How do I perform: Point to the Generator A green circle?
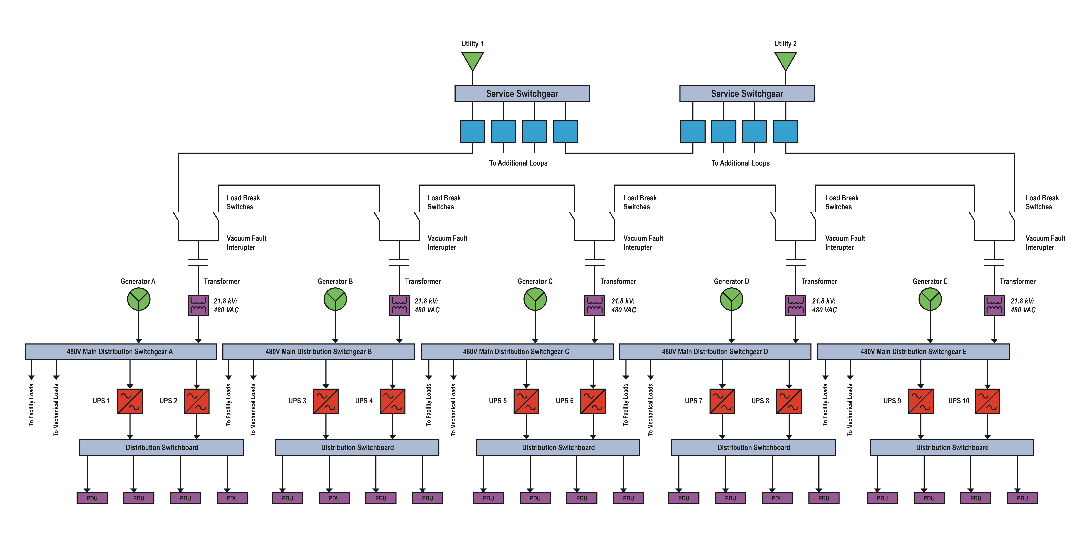point(139,299)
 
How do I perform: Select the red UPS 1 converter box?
point(130,401)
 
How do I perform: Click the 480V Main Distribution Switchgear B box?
point(319,352)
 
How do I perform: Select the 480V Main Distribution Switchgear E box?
point(914,352)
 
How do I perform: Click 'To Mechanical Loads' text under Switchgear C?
point(453,410)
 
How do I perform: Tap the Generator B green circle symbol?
point(335,299)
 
